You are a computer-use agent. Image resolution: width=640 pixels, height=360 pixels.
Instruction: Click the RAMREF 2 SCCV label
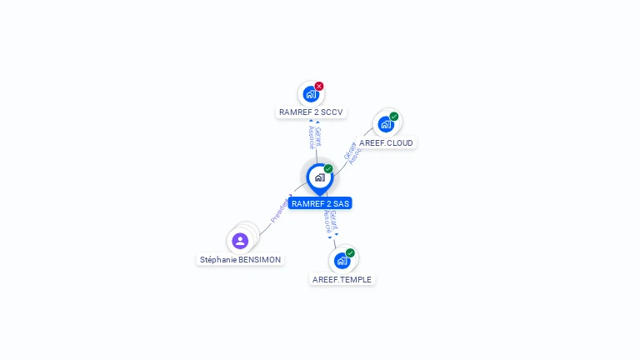tap(311, 112)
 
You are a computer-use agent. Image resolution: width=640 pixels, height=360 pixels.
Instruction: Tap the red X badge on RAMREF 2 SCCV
tap(319, 86)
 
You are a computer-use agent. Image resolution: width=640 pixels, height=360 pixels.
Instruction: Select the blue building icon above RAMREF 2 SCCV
tap(310, 94)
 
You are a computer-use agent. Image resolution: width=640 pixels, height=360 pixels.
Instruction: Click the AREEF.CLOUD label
tap(386, 142)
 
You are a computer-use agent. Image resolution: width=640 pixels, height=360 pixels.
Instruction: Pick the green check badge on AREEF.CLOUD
tap(394, 117)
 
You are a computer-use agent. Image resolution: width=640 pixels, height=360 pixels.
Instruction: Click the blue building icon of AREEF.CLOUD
tap(385, 125)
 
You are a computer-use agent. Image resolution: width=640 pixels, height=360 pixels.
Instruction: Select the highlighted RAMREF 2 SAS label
tap(320, 203)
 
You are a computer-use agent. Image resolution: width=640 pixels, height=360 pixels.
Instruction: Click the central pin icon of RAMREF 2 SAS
tap(319, 177)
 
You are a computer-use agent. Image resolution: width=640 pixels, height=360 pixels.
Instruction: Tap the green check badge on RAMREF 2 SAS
tap(328, 169)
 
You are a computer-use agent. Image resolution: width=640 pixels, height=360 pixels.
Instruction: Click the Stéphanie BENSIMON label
tap(240, 259)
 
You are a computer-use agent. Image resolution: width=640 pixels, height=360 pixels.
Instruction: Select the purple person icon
tap(240, 241)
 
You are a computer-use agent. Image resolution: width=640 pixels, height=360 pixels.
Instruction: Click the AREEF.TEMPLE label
tap(342, 279)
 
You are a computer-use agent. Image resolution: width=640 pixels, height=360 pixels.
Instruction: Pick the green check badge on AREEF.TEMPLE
tap(350, 252)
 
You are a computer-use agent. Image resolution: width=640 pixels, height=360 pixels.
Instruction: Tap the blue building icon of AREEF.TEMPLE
tap(341, 261)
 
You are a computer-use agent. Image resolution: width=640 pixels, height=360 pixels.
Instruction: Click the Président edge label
tap(279, 210)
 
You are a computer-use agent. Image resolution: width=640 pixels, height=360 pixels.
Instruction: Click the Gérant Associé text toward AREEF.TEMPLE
tap(331, 222)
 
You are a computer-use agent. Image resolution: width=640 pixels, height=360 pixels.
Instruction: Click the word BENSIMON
tap(259, 259)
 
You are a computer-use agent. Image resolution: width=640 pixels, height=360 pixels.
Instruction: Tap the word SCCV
tap(332, 112)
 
